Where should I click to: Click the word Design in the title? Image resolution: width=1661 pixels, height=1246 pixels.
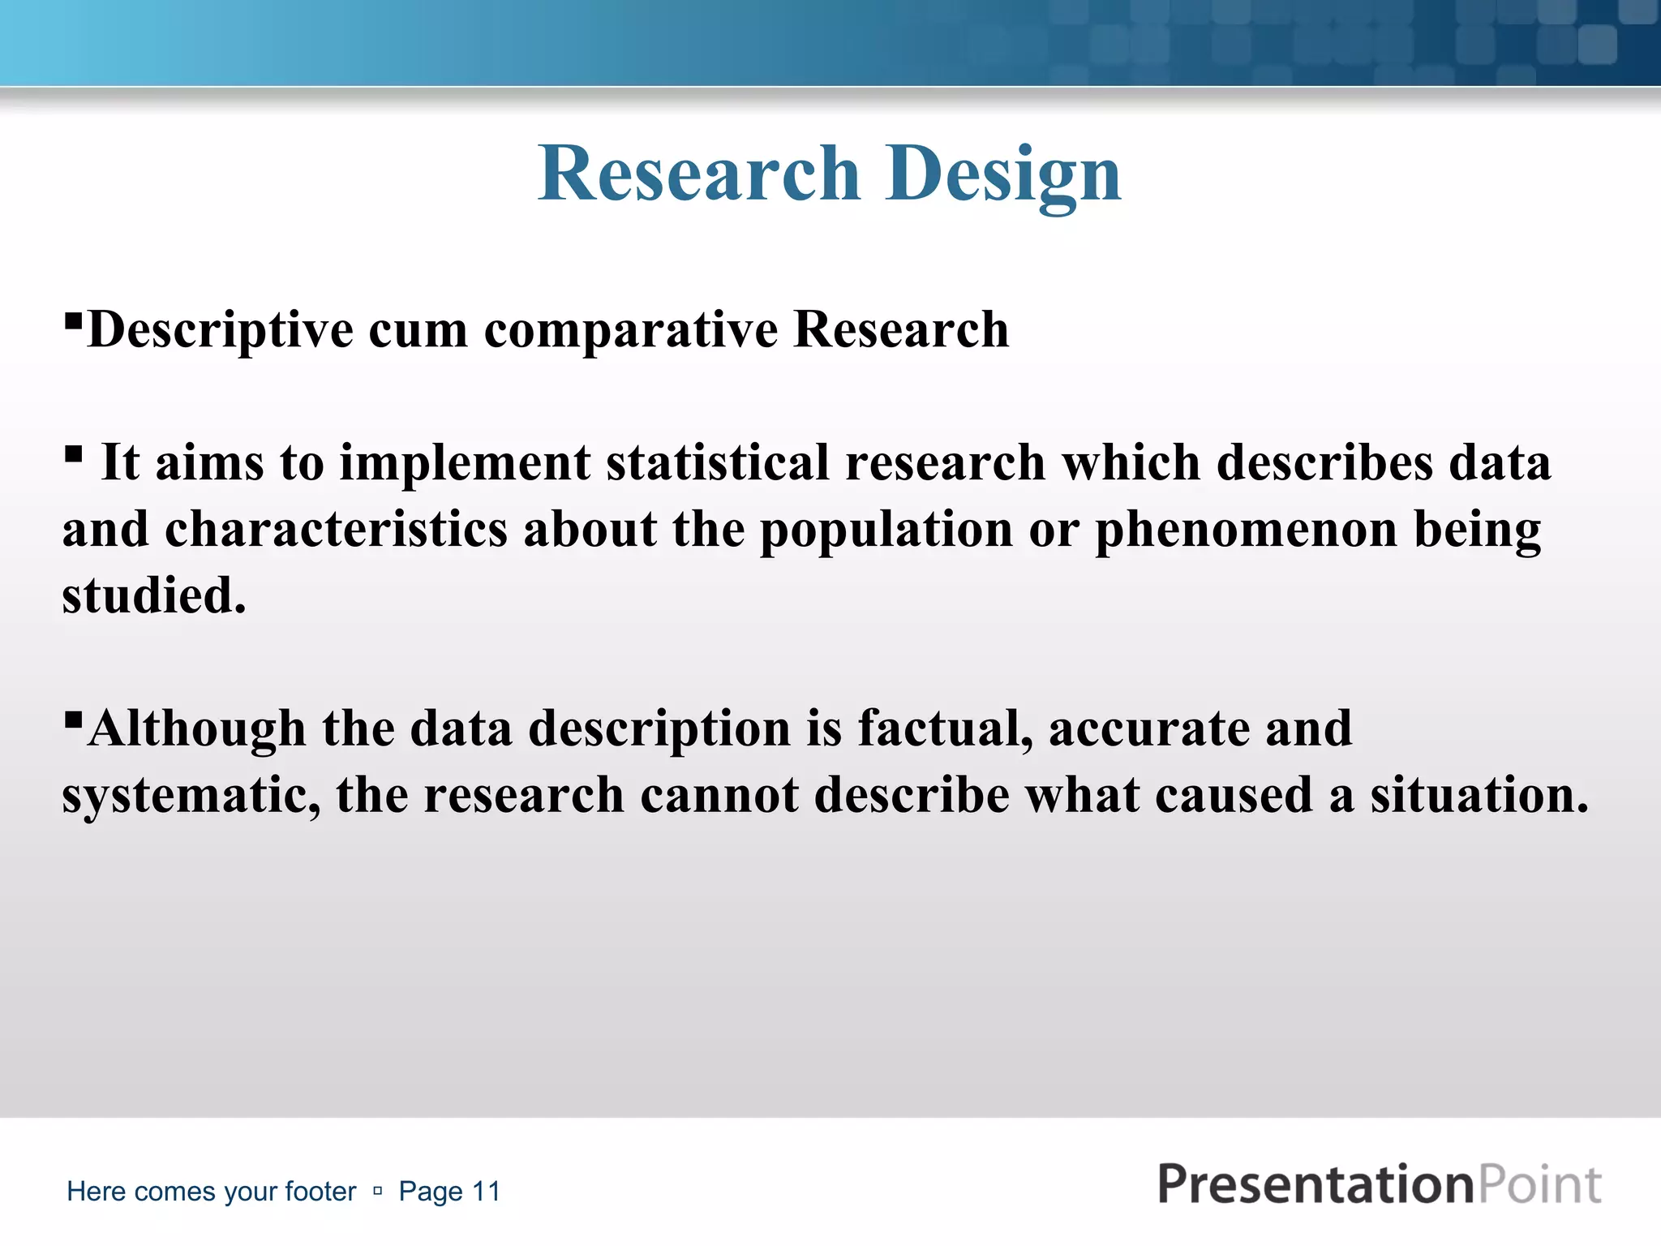pos(1003,174)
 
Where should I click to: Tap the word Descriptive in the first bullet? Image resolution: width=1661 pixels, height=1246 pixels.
pos(220,331)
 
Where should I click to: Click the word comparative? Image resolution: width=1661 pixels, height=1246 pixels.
pos(631,331)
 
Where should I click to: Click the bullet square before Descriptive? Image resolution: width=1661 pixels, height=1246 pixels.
pos(73,320)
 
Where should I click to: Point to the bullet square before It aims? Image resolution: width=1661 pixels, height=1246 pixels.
pos(73,453)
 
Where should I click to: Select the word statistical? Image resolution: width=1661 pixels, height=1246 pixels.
pos(717,463)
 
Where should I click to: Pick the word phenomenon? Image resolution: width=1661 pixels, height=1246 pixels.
pos(1247,531)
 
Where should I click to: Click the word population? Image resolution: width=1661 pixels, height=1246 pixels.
pos(886,531)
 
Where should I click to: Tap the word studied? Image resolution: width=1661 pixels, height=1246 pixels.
pos(153,596)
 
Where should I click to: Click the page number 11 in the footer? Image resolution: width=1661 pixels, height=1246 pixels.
pos(487,1192)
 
